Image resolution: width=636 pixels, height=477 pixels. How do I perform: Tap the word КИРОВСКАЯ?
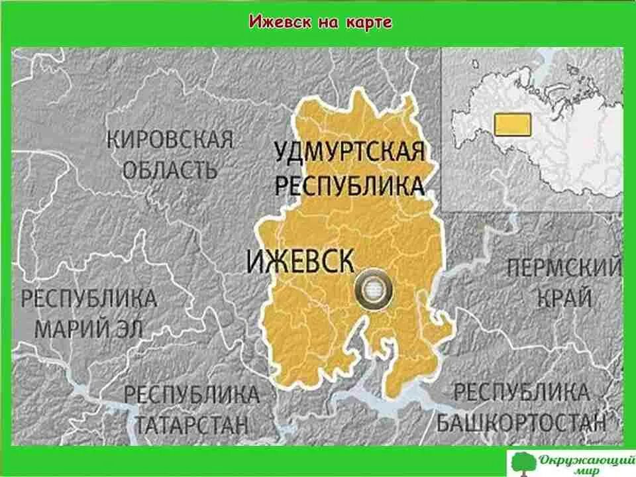tap(170, 140)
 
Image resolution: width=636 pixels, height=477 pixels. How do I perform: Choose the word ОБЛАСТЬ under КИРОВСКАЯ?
tap(170, 170)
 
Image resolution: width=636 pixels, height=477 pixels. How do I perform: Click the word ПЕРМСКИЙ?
tap(564, 269)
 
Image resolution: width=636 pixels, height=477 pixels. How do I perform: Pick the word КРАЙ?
tap(564, 298)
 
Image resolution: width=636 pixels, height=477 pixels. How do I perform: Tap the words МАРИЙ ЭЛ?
tap(88, 327)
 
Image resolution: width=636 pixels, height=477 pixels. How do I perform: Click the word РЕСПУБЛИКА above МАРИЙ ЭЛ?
tap(89, 298)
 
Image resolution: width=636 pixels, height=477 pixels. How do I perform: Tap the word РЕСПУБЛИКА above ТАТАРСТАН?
tap(191, 395)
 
